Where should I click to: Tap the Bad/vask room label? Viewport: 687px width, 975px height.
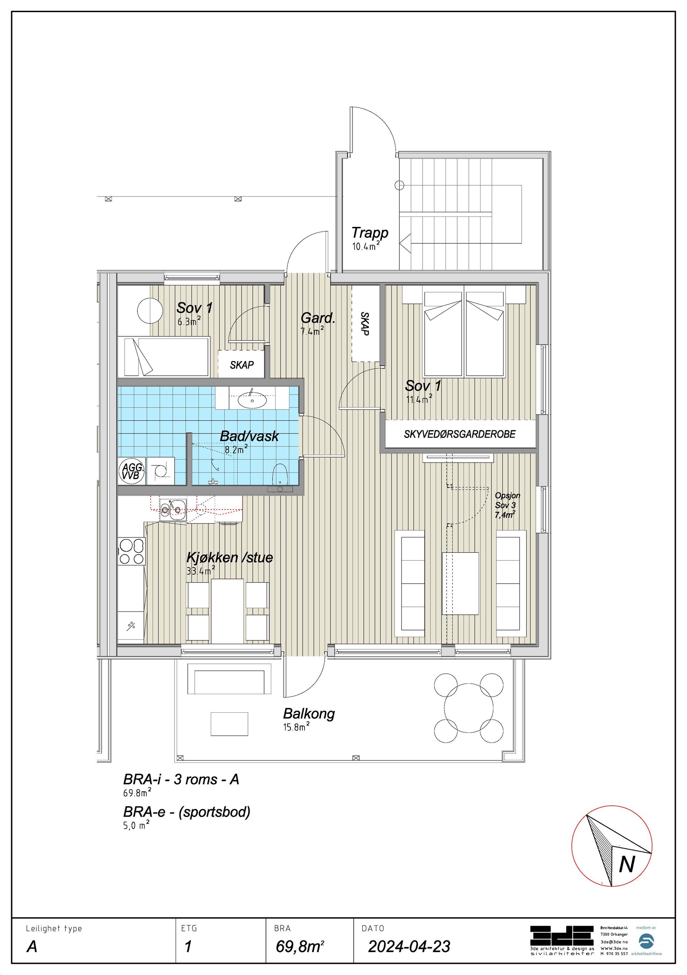[x=249, y=436]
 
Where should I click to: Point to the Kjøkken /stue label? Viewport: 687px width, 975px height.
[x=230, y=557]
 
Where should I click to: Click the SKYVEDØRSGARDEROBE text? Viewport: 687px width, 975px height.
[x=459, y=434]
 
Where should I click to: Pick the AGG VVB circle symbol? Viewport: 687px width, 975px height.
[x=132, y=471]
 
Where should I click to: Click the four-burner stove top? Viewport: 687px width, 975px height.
[x=132, y=551]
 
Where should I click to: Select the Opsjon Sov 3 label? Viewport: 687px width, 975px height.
[x=507, y=505]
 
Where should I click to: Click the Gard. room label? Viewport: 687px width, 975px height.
[x=318, y=318]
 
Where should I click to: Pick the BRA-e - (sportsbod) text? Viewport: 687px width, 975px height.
[x=187, y=812]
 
